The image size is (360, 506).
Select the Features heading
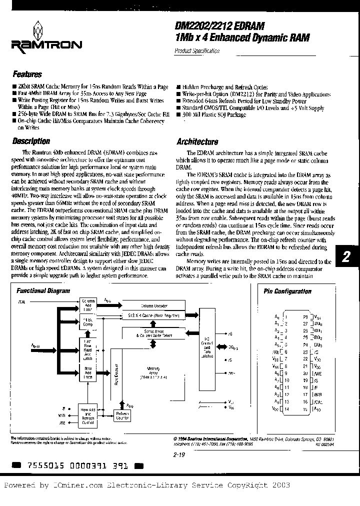coord(27,74)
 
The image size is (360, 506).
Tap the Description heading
coord(31,141)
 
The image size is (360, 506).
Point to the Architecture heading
coord(197,142)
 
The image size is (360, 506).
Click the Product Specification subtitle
coord(197,51)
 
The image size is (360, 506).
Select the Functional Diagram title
coord(43,290)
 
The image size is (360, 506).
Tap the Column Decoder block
coord(153,305)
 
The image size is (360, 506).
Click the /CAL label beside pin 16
coord(317,401)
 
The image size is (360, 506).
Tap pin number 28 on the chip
coord(304,316)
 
